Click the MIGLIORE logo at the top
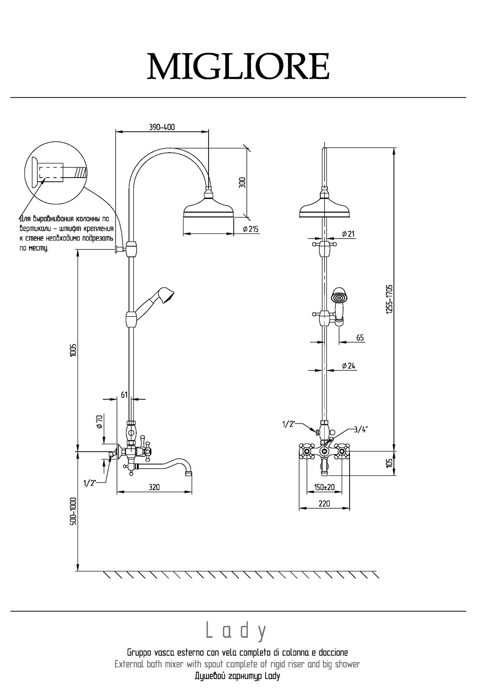pos(238,66)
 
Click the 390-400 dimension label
pos(162,127)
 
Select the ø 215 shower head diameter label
pos(251,229)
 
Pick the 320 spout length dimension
pos(154,487)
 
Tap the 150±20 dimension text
pos(324,487)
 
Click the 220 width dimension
pos(324,504)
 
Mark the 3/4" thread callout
pos(360,429)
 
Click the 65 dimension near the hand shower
pos(360,338)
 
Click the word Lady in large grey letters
pos(236,631)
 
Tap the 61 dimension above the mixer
pos(124,394)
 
